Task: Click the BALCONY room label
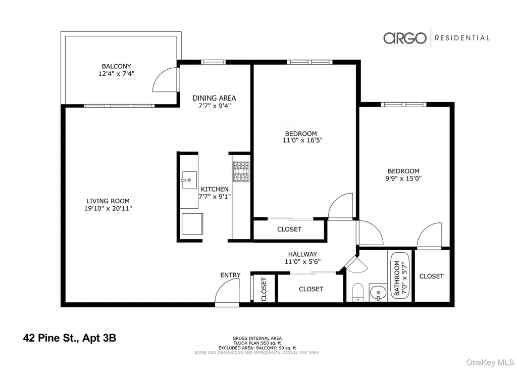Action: (x=117, y=66)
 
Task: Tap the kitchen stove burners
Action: (x=241, y=171)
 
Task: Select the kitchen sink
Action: (x=189, y=180)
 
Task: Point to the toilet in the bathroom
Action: (x=357, y=292)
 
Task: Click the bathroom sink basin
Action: (x=378, y=292)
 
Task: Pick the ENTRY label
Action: (x=230, y=275)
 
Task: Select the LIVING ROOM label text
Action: (x=108, y=201)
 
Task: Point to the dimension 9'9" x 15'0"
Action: (x=403, y=178)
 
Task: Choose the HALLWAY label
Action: (x=303, y=254)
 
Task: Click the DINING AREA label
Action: (x=214, y=98)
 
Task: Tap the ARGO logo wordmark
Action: (x=404, y=38)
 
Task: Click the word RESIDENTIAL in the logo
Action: (x=462, y=38)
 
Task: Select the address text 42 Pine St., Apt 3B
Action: (x=70, y=338)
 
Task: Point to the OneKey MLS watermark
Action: (x=490, y=363)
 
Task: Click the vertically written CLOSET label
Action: (x=264, y=289)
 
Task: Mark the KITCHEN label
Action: (x=215, y=189)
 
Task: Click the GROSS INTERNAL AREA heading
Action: (x=257, y=338)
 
